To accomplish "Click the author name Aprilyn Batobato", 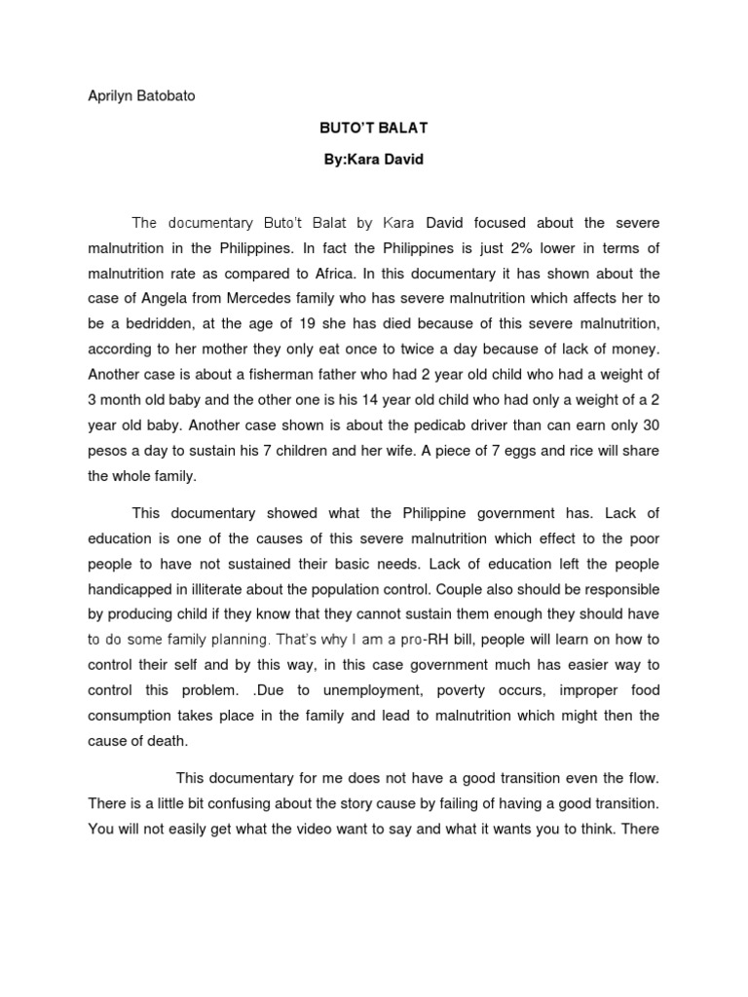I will tap(141, 97).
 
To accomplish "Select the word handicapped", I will tap(135, 589).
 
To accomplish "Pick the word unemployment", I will tap(369, 690).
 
